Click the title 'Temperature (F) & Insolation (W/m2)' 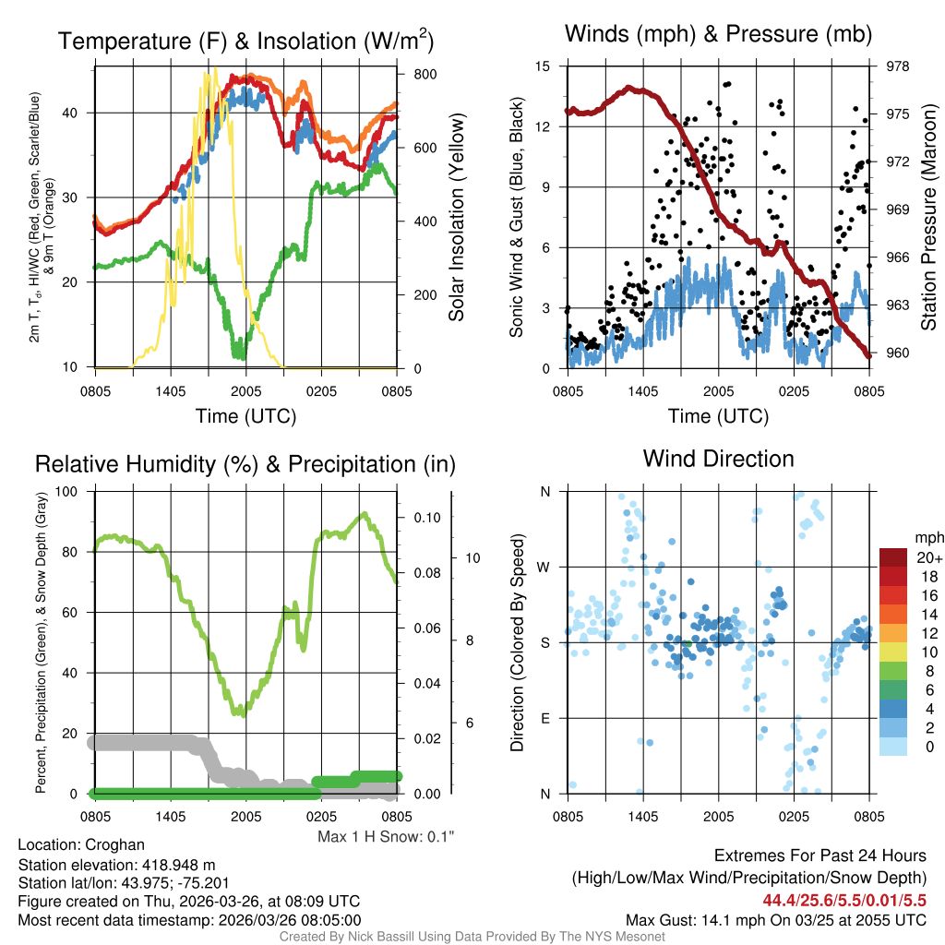(245, 41)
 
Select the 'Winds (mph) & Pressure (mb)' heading (718, 35)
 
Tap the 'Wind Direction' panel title (718, 459)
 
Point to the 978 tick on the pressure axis (897, 66)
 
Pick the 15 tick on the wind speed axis (543, 66)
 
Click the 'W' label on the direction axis (544, 567)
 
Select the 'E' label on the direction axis (544, 718)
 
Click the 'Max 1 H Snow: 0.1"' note (386, 837)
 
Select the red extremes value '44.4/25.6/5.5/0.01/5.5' (844, 900)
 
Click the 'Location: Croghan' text (81, 844)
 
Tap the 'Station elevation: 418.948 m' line (116, 865)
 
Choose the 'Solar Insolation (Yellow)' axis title (457, 218)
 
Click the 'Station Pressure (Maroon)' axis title (929, 216)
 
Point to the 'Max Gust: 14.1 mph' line (776, 919)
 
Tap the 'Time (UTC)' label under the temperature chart (245, 416)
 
